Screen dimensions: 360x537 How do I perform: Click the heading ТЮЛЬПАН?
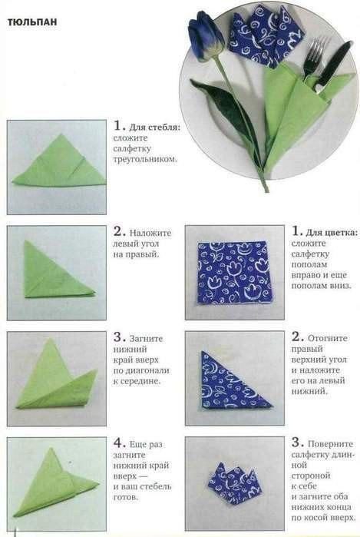(x=32, y=22)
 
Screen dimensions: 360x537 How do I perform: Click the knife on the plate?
(x=333, y=66)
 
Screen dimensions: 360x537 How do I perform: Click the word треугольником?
(x=145, y=159)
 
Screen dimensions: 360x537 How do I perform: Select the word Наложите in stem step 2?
(x=150, y=234)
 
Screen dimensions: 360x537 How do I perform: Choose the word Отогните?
(x=328, y=338)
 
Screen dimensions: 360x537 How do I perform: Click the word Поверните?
(x=330, y=444)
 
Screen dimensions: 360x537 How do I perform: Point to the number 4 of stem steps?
(x=119, y=443)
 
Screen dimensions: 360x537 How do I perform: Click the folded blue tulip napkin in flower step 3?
(x=235, y=481)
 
